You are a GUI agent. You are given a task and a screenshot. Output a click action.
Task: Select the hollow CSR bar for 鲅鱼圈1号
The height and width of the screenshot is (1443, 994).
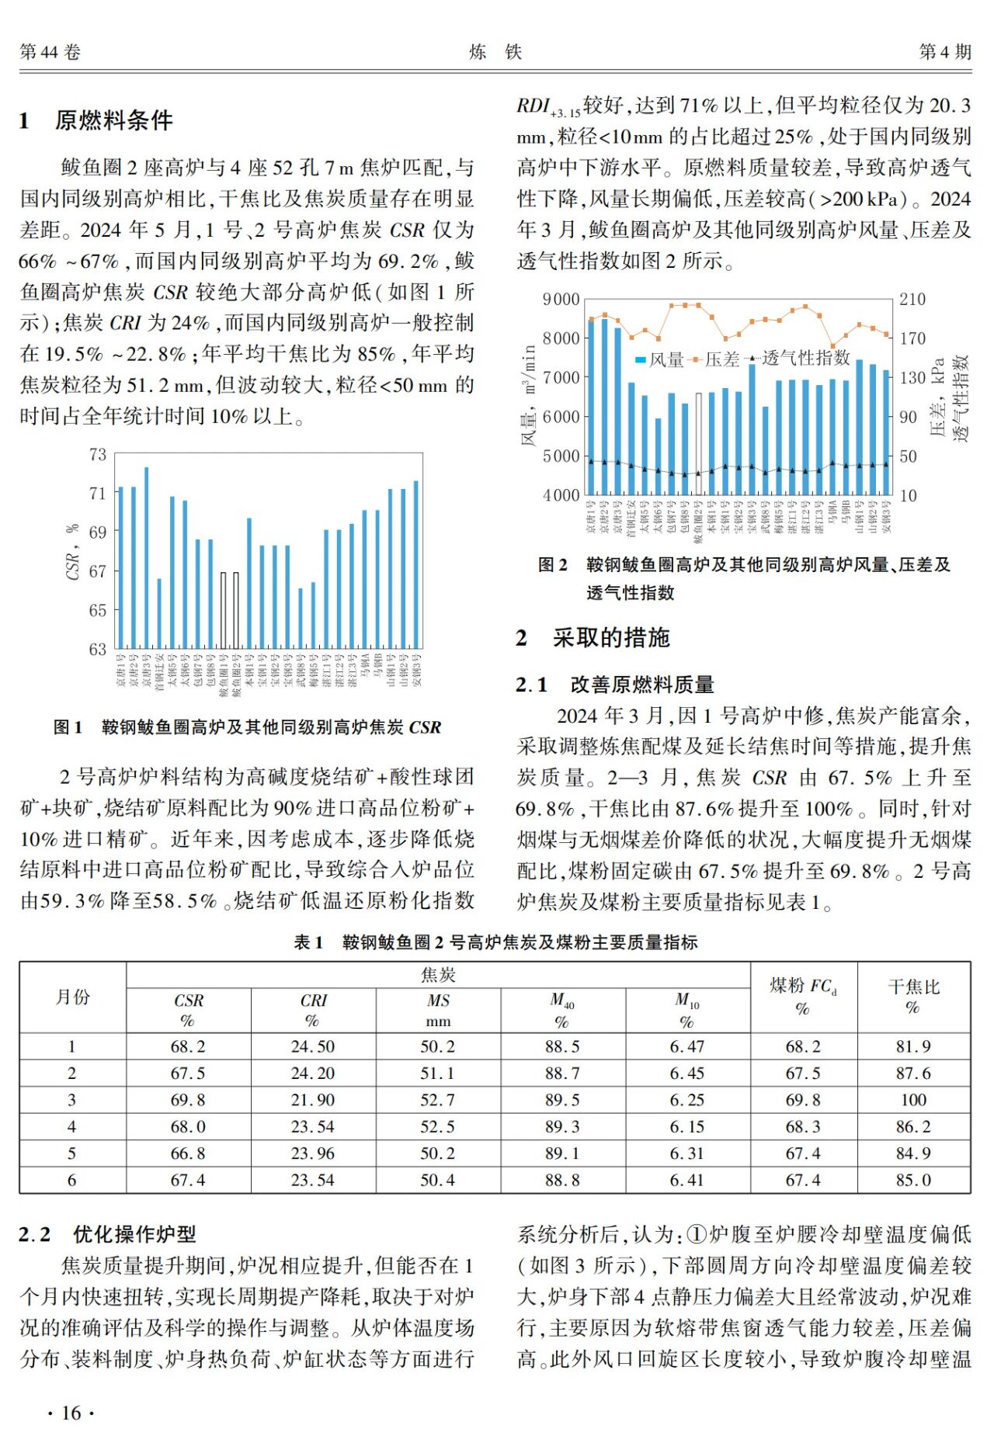(224, 610)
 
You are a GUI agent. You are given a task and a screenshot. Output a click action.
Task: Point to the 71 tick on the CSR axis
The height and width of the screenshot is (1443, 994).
(97, 493)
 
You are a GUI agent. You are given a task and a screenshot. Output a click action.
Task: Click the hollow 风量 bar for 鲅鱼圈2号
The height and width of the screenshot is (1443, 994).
(698, 443)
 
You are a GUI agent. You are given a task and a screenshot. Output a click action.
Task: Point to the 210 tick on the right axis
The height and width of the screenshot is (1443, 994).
(912, 300)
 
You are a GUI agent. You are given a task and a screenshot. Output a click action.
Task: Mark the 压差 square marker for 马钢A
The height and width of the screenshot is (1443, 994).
(832, 346)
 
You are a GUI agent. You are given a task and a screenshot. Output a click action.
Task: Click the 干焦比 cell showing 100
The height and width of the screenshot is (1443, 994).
(913, 1100)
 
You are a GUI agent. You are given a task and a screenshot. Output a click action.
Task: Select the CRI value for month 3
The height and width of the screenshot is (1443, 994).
(313, 1100)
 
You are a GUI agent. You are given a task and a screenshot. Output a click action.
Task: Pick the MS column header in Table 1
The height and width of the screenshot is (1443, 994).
(438, 1010)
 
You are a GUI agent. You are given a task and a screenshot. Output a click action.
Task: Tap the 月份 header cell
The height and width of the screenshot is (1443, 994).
(72, 997)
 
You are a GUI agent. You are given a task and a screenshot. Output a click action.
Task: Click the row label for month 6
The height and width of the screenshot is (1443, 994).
(72, 1180)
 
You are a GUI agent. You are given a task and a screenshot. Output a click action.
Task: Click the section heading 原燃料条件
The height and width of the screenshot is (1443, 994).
(113, 120)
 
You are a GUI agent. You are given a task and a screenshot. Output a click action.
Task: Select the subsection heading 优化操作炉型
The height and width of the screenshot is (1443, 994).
(134, 1234)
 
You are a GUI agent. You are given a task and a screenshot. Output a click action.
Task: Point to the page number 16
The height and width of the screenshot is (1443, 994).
(71, 1413)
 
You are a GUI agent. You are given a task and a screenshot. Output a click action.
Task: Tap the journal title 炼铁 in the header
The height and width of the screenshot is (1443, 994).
(495, 52)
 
